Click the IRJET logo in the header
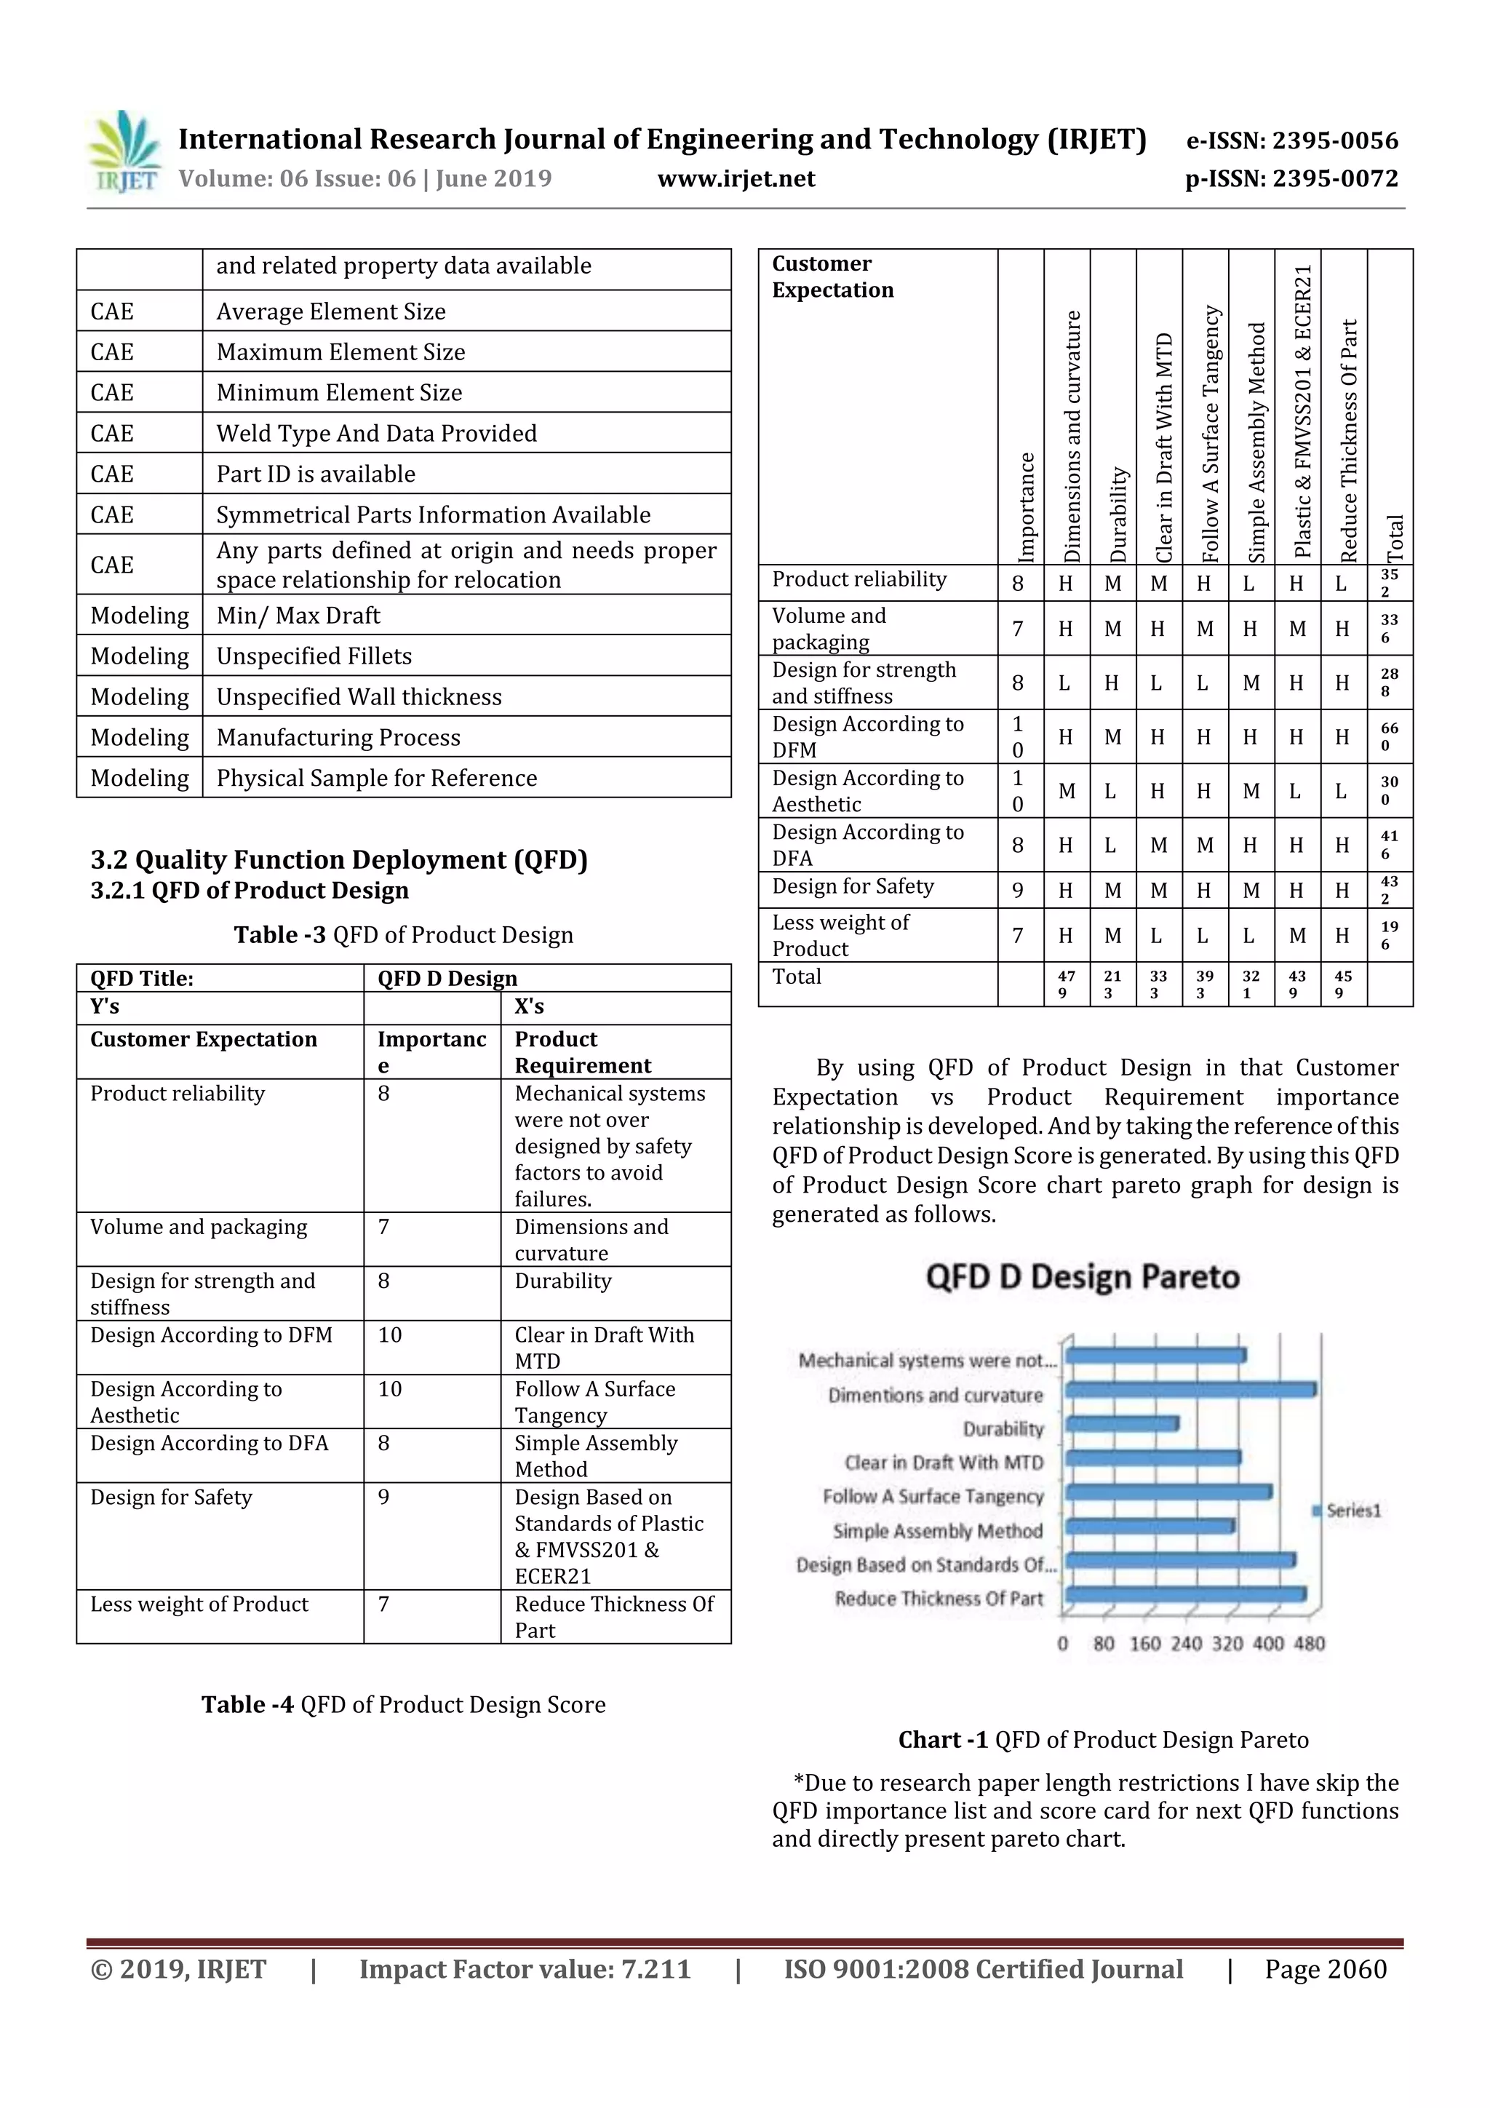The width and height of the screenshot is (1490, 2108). tap(124, 152)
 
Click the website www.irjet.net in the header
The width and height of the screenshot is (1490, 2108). tap(736, 179)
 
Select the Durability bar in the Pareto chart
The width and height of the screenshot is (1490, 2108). tap(1122, 1424)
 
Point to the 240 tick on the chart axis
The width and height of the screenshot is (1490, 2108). tap(1186, 1644)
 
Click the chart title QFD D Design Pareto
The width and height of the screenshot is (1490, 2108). tap(1083, 1277)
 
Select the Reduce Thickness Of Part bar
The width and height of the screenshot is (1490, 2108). tap(1184, 1595)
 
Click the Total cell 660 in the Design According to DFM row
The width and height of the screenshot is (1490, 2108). tap(1389, 736)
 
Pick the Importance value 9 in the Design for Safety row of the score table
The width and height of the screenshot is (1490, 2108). tap(1018, 891)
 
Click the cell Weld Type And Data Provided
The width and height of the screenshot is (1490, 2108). tap(376, 434)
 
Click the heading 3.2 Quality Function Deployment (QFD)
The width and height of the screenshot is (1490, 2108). tap(339, 860)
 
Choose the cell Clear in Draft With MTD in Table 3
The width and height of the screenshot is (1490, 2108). tap(604, 1347)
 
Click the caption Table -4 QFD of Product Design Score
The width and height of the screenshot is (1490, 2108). tap(403, 1705)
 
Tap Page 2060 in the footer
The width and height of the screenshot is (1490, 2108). tap(1325, 1969)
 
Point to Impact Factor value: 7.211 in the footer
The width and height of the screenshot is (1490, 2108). tap(525, 1969)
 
